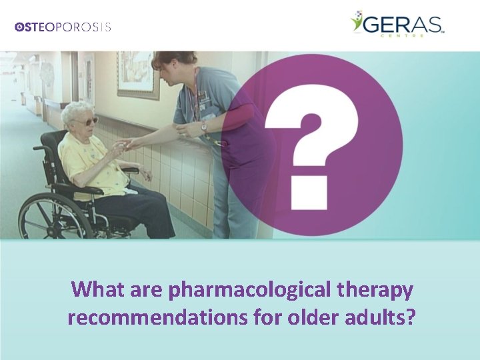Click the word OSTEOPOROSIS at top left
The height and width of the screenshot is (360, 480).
tap(63, 27)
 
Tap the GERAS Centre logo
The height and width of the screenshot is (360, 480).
tap(397, 25)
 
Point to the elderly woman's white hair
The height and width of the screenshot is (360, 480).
tap(75, 109)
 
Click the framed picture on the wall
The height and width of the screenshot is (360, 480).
tap(138, 73)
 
